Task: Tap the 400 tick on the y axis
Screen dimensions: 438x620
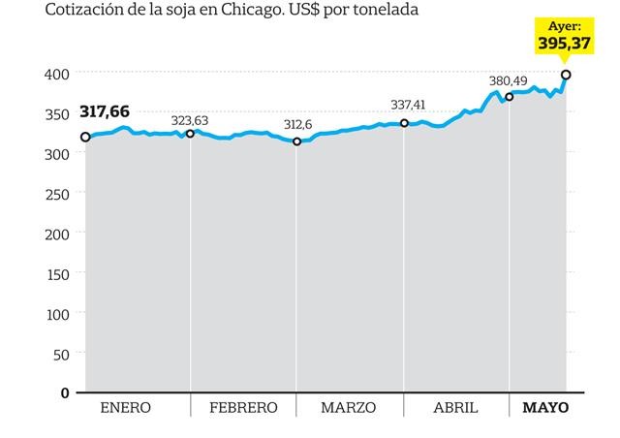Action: coord(57,74)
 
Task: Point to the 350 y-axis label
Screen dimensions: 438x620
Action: coord(57,113)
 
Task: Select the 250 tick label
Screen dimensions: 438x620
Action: coord(57,194)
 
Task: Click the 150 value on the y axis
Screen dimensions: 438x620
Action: coord(57,274)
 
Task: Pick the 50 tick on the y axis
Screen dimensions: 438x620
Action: coord(61,354)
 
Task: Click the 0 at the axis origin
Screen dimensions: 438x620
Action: coord(65,393)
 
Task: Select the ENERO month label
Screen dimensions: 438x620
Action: coord(126,408)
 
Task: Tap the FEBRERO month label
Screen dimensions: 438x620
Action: coord(243,408)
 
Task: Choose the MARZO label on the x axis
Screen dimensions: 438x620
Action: coord(349,408)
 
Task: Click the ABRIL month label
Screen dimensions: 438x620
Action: coord(454,408)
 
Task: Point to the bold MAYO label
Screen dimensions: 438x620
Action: coord(546,408)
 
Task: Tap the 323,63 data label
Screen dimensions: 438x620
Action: coord(191,120)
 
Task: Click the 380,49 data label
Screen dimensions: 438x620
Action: coord(509,80)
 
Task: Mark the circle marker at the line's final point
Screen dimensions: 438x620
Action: coord(566,75)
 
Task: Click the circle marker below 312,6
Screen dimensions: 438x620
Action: coord(297,141)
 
